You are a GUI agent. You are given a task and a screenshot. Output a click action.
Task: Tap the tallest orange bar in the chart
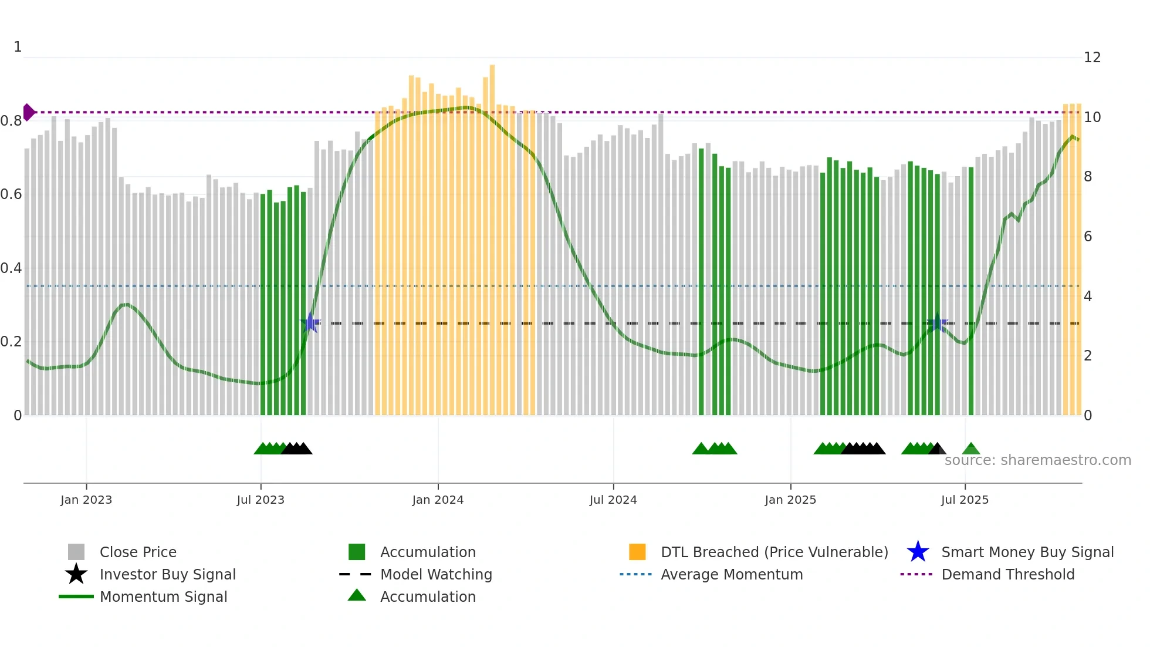(492, 235)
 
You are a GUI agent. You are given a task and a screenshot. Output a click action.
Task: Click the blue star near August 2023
(310, 323)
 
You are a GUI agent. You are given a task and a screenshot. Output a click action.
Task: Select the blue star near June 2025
(937, 323)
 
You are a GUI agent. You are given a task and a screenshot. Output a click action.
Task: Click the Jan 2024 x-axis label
(438, 500)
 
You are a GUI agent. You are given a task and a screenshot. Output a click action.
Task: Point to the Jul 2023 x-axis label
(261, 500)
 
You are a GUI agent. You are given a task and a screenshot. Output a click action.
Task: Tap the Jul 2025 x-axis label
(965, 500)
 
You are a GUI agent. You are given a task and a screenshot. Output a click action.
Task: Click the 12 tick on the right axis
(1092, 58)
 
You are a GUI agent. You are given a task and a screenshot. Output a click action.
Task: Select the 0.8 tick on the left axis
(11, 121)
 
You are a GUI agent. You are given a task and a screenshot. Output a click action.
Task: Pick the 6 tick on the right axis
(1088, 237)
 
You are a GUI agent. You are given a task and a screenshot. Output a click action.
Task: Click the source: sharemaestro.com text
(1037, 460)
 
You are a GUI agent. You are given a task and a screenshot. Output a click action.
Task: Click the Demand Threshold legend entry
(1007, 574)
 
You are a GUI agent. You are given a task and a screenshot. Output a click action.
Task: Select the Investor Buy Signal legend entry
(167, 574)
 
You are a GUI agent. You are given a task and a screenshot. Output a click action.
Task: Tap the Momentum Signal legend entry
(163, 597)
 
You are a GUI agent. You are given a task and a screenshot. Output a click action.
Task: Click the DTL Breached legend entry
(774, 552)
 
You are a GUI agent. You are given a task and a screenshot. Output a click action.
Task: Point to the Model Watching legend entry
(436, 574)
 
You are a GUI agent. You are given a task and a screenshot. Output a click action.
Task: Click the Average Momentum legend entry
(732, 574)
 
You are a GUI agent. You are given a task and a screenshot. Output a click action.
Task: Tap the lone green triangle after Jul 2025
(971, 449)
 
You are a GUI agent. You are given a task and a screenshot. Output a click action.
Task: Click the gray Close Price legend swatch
(76, 552)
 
